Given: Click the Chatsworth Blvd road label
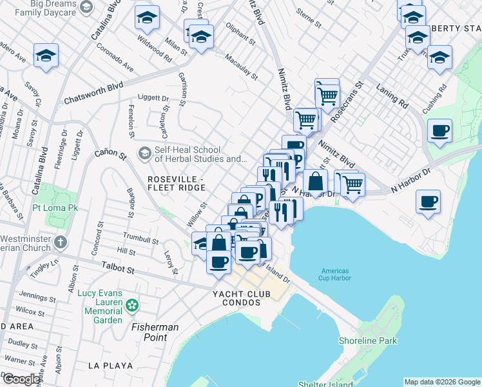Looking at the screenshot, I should click(x=93, y=94).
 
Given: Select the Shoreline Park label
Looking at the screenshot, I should click(x=368, y=341).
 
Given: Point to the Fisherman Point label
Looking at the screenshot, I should click(x=155, y=327).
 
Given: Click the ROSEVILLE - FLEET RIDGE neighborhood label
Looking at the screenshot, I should click(x=176, y=183).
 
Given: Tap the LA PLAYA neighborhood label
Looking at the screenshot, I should click(x=110, y=366).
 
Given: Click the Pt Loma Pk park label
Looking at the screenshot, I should click(x=55, y=209).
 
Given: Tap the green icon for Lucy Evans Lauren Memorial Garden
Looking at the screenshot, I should click(x=132, y=304).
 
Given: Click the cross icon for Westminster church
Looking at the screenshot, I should click(x=60, y=243).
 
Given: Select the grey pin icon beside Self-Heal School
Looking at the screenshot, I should click(x=144, y=153).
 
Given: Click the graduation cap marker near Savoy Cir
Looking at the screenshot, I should click(x=46, y=56).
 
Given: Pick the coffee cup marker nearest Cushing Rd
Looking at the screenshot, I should click(x=439, y=131).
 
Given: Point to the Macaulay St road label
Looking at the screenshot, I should click(x=241, y=66).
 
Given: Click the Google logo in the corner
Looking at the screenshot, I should click(x=21, y=379).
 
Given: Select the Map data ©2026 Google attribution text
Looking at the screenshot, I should click(x=442, y=382).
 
